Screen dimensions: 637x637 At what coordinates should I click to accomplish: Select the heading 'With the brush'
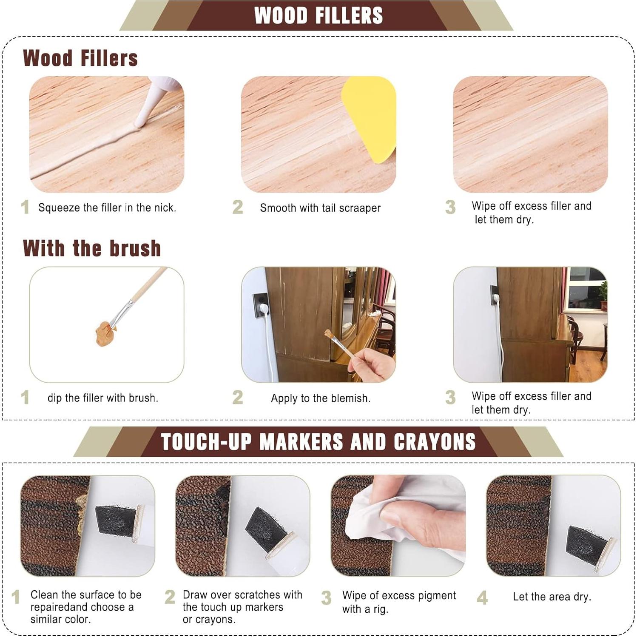[92, 248]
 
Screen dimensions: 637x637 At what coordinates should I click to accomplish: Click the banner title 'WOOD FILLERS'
[318, 15]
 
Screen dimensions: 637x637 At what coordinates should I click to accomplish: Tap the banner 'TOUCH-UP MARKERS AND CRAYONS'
[318, 442]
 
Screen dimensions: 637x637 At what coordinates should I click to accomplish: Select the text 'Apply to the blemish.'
[321, 398]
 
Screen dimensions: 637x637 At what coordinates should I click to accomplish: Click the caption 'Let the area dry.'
[552, 597]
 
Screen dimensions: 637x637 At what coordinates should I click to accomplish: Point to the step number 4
[482, 598]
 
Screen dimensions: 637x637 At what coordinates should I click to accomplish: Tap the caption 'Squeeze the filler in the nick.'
[107, 208]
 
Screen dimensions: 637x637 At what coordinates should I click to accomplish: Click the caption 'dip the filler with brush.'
[103, 398]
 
